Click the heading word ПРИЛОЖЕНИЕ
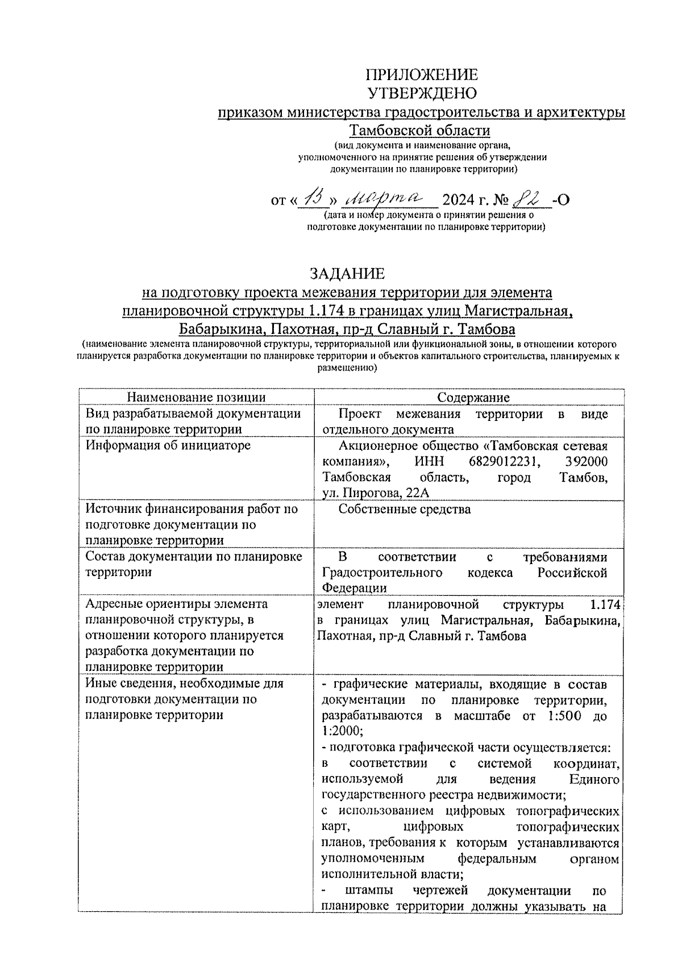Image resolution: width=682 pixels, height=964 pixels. [x=421, y=75]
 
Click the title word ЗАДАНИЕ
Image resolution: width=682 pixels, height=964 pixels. [x=347, y=274]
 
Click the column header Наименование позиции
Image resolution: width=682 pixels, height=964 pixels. [x=196, y=398]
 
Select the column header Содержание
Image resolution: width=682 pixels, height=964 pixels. [x=473, y=398]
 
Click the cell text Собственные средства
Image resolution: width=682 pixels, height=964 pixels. [x=405, y=510]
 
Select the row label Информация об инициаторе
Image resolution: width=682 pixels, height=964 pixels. [x=168, y=446]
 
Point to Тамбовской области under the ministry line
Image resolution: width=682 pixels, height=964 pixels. [x=419, y=131]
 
